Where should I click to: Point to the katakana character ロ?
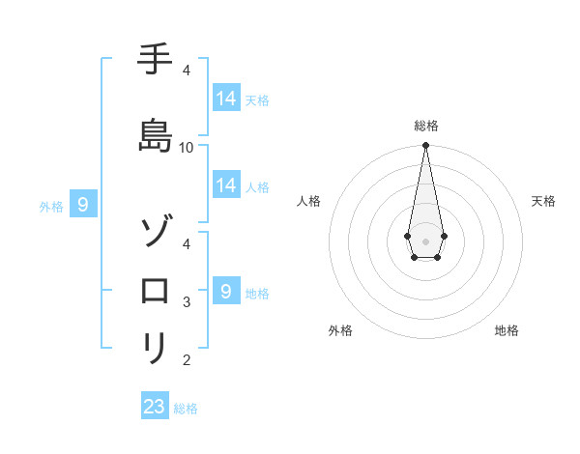[x=155, y=291]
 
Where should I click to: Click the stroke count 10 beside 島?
[x=187, y=147]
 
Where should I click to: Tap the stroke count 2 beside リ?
[x=187, y=360]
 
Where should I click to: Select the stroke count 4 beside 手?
[x=187, y=71]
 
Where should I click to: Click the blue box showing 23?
[x=155, y=407]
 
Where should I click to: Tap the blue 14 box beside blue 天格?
[x=226, y=99]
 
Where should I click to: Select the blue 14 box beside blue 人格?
[x=226, y=185]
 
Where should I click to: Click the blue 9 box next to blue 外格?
[x=84, y=205]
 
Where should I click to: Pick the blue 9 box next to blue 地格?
[x=226, y=292]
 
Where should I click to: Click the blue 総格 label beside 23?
[x=186, y=409]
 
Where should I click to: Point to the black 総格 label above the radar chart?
[x=425, y=126]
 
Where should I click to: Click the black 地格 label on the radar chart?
[x=507, y=331]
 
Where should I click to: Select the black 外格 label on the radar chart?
[x=340, y=331]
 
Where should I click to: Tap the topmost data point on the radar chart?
[x=425, y=146]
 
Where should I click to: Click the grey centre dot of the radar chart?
[x=425, y=240]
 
